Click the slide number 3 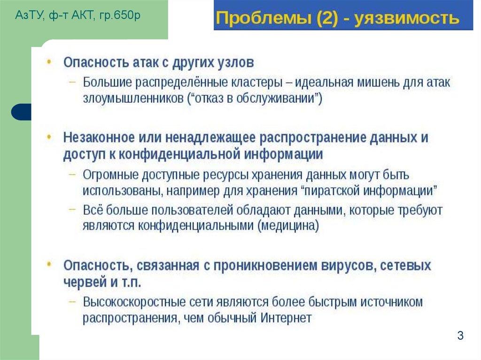point(460,336)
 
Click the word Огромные point(108,175)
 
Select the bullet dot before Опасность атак point(50,61)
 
